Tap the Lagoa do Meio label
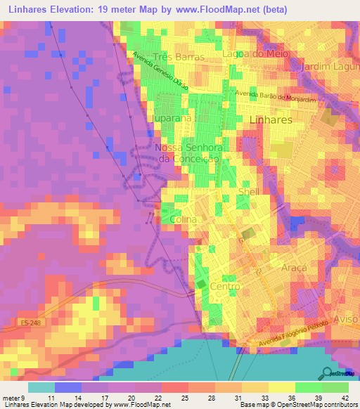[265, 56]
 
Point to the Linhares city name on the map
[271, 120]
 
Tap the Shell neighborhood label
[250, 192]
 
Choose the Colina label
[184, 219]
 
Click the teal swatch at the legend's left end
[41, 387]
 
